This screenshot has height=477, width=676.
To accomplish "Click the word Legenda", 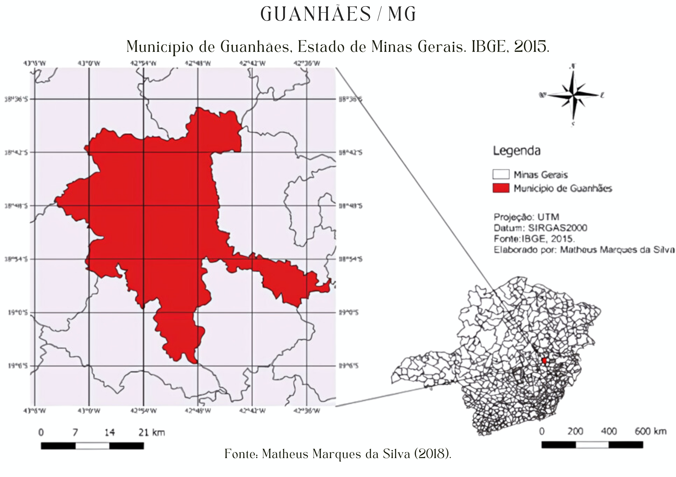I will [517, 151].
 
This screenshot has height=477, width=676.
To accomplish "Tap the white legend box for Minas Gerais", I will [501, 174].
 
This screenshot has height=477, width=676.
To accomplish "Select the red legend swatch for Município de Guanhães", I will [501, 188].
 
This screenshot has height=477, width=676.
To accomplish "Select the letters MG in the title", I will [402, 14].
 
